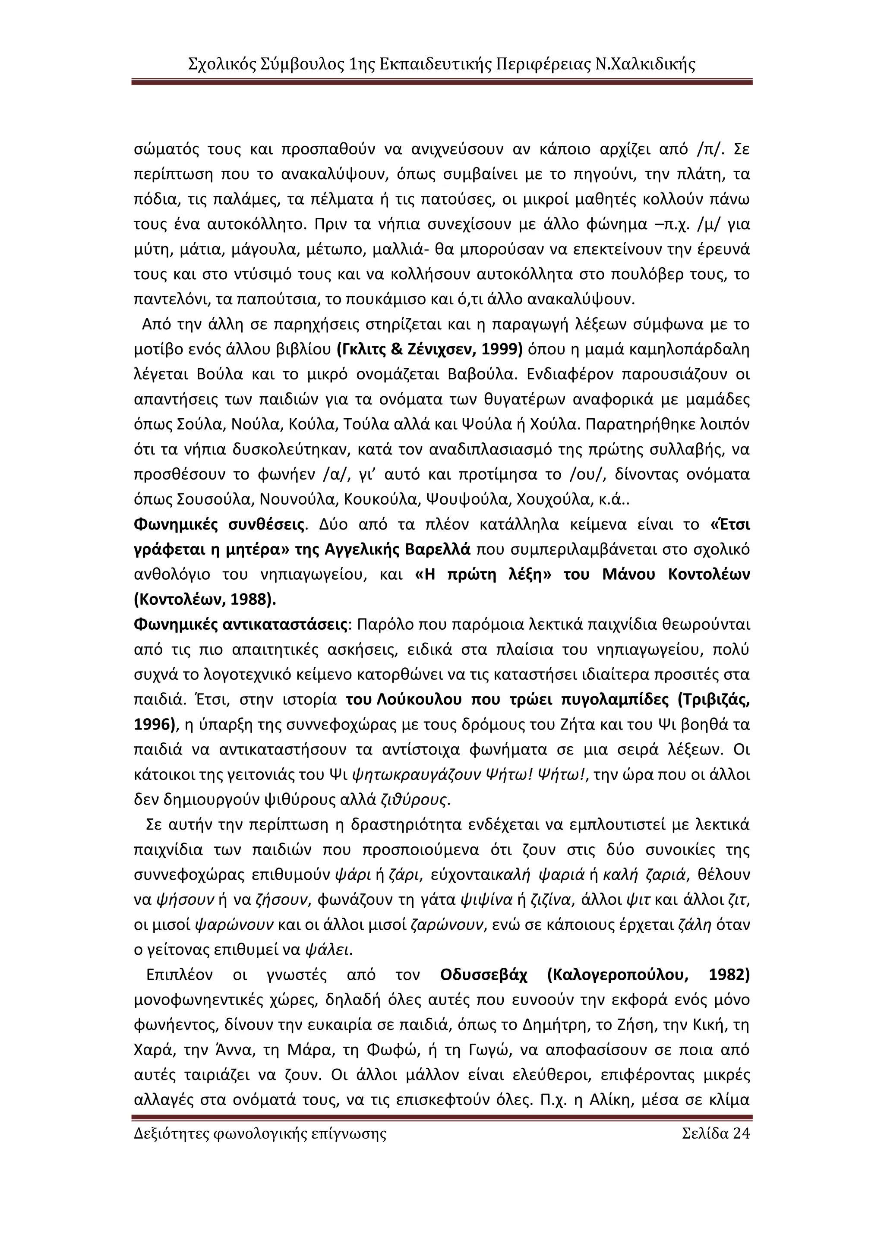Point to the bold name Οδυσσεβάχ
pyautogui.click(x=483, y=975)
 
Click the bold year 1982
pyautogui.click(x=729, y=975)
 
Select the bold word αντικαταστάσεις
pyautogui.click(x=285, y=625)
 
